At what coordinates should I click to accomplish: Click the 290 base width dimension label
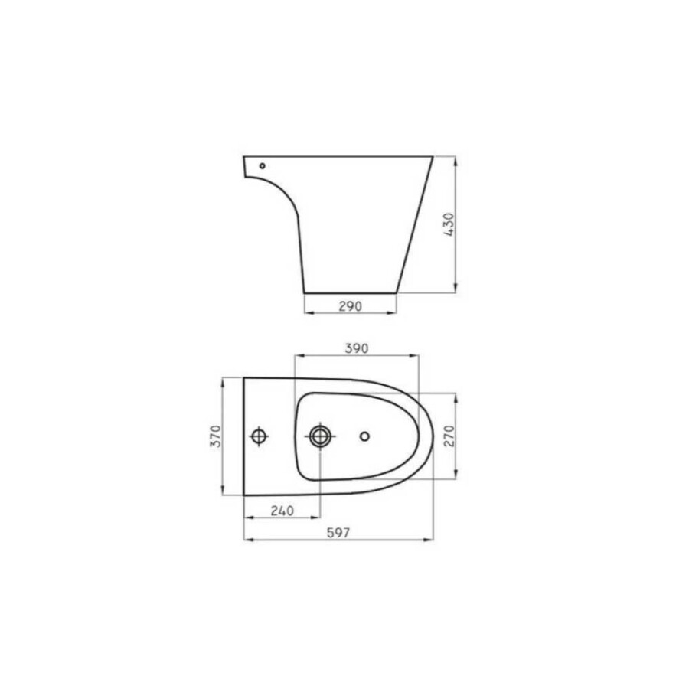click(x=350, y=306)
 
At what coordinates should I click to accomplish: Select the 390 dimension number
click(x=357, y=348)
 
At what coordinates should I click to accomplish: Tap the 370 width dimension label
click(x=216, y=436)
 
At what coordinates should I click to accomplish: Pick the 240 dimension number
click(x=282, y=511)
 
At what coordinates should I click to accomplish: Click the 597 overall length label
click(x=338, y=534)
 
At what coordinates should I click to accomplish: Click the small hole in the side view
click(x=263, y=165)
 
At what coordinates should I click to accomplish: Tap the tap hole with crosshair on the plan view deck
click(x=260, y=436)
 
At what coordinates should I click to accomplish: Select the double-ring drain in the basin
click(x=319, y=436)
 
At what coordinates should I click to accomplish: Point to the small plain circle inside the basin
click(x=364, y=436)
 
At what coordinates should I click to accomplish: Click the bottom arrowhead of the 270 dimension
click(x=456, y=475)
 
